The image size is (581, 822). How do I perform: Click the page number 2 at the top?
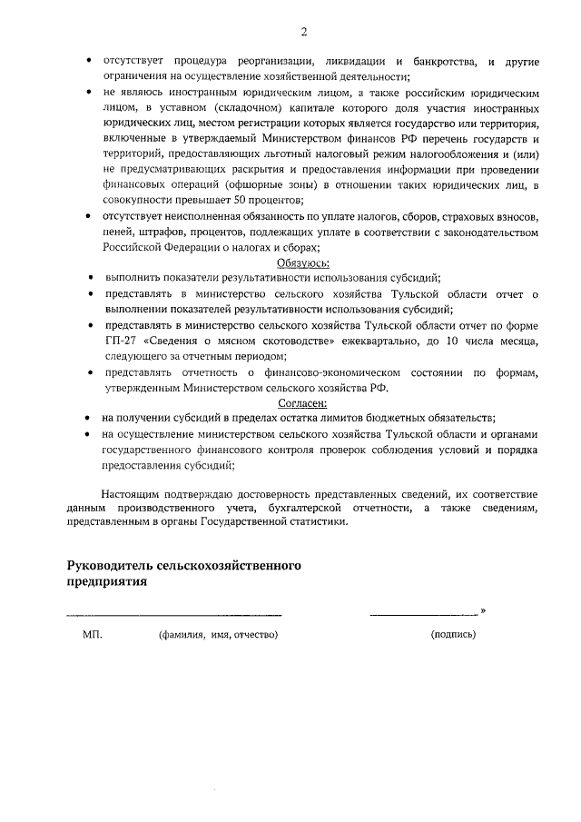point(304,32)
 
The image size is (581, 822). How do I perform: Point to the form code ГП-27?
point(120,340)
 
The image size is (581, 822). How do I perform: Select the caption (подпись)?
point(453,634)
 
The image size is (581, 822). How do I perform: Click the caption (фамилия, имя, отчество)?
point(218,634)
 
